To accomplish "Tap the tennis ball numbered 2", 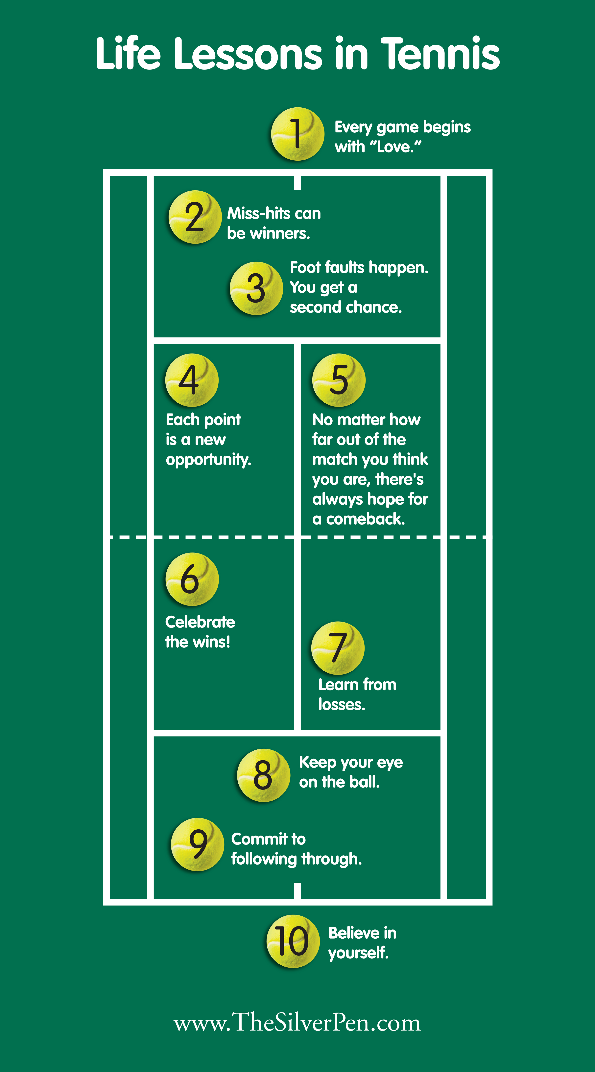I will coord(195,217).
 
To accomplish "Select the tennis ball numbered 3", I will coord(256,288).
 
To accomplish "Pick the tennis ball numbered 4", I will coord(192,380).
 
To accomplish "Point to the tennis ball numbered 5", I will coord(338,380).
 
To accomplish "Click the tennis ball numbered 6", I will coord(192,579).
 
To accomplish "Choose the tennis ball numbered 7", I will coord(338,648).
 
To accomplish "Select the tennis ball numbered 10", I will coord(293,941).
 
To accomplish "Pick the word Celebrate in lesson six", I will coord(200,622).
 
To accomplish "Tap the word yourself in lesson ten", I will coord(358,952).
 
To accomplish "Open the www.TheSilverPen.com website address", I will coord(297,1022).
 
